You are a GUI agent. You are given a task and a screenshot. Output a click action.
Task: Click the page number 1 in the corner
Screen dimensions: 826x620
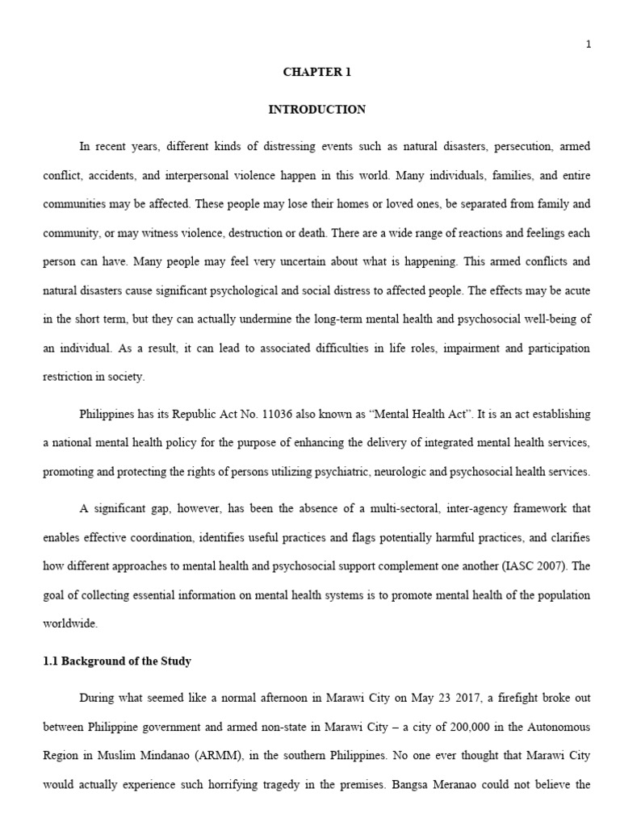tap(589, 44)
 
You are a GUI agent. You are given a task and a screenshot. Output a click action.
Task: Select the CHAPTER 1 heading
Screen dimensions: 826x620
tap(316, 72)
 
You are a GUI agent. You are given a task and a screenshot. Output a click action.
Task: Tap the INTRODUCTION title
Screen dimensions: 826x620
tap(316, 109)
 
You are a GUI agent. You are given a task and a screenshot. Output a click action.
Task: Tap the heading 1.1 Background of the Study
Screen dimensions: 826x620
tap(117, 661)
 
